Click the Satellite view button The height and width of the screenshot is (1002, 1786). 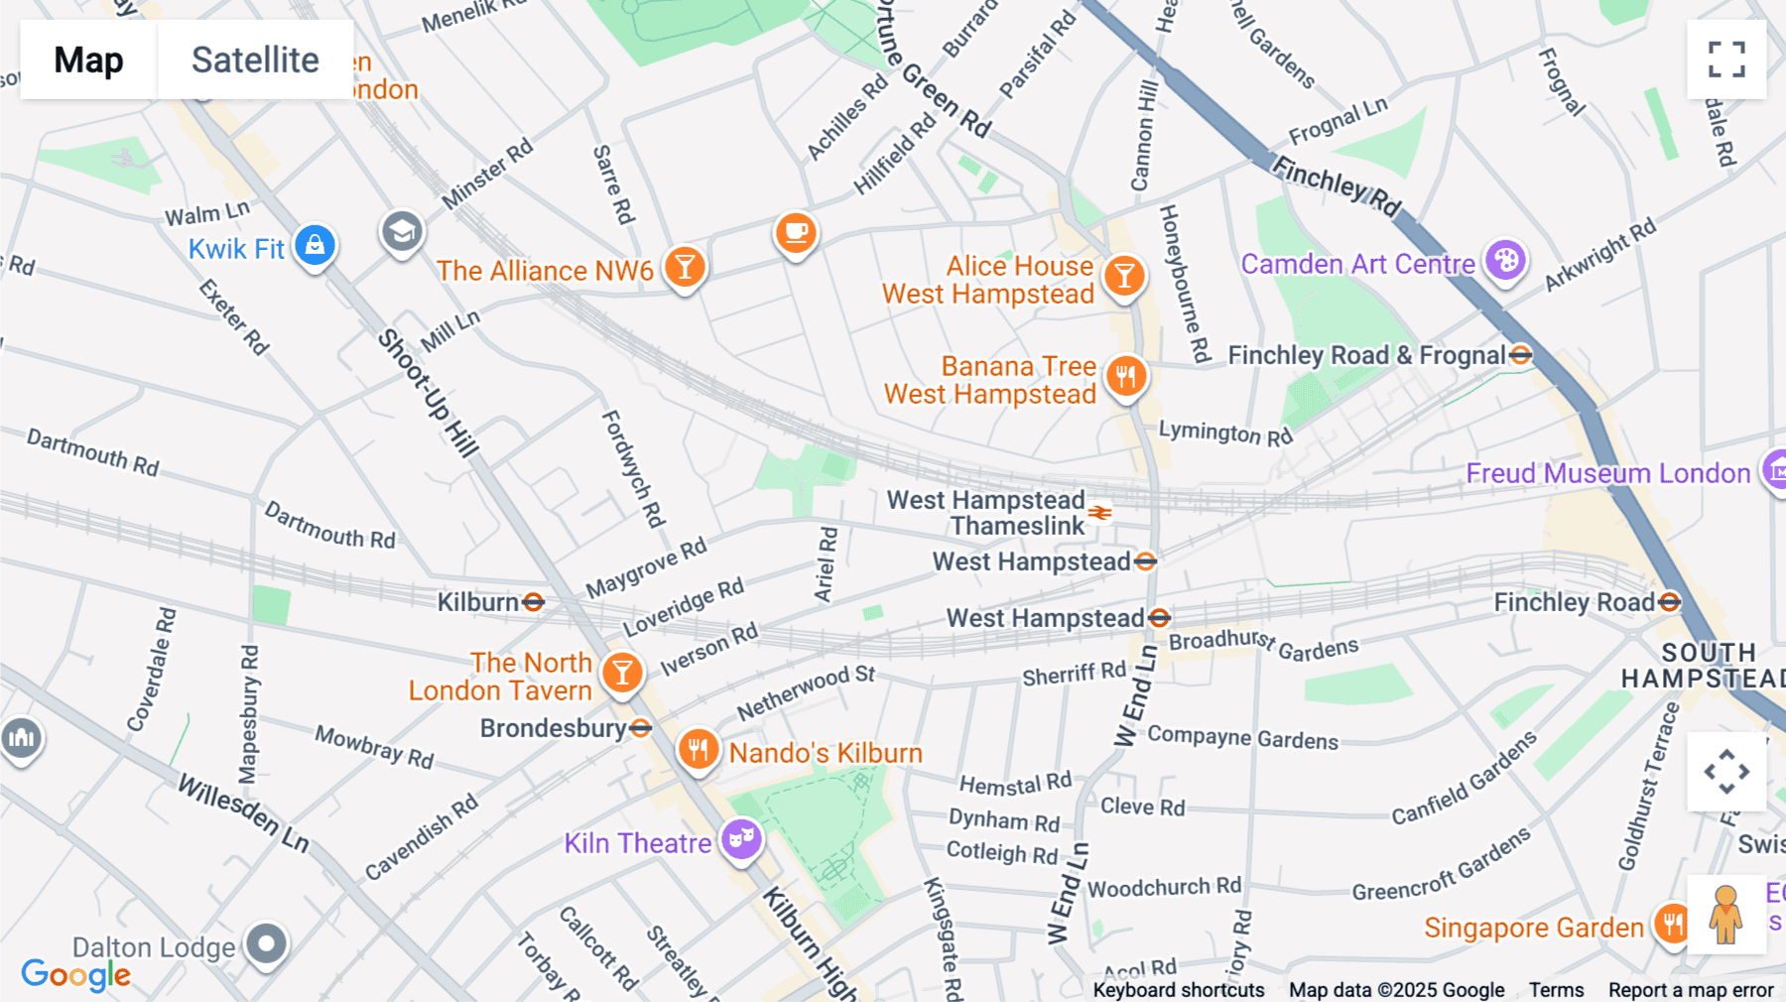[x=255, y=60]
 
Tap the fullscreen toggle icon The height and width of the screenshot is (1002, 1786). [x=1726, y=60]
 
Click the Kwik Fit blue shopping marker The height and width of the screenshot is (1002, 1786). [x=315, y=244]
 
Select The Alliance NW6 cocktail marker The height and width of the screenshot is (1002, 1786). [x=685, y=267]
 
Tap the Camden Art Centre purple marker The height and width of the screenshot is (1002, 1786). [x=1505, y=261]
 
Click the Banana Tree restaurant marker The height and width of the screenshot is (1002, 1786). [x=1126, y=376]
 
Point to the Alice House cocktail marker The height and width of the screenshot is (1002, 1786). [x=1124, y=276]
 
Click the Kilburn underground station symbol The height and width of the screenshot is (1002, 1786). [x=534, y=602]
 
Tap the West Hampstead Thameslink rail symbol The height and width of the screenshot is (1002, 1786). [x=1099, y=513]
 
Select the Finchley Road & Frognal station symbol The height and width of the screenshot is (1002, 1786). [x=1520, y=355]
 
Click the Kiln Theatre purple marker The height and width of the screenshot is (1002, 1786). [x=741, y=839]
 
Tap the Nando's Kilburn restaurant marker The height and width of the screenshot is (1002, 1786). [x=699, y=749]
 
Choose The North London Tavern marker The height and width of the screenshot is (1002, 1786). [x=622, y=673]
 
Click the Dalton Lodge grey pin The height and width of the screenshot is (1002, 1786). [x=266, y=943]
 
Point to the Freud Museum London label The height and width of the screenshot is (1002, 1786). [x=1607, y=473]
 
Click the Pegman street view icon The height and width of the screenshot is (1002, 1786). [x=1725, y=915]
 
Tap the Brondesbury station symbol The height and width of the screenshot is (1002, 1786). [x=641, y=728]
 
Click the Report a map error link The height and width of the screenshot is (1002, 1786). [x=1690, y=990]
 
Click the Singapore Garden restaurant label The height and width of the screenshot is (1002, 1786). [x=1533, y=928]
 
